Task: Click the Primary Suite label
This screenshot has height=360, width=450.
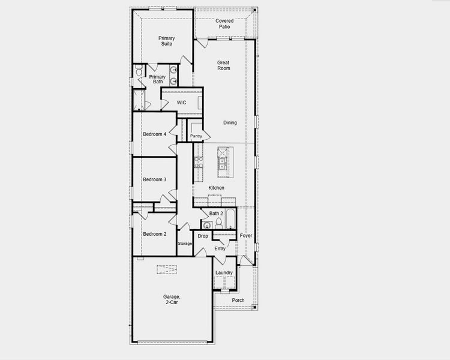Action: point(167,41)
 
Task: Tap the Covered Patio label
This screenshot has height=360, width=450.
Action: point(224,24)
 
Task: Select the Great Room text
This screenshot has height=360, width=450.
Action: point(223,65)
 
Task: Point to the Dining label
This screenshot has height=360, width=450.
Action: point(230,123)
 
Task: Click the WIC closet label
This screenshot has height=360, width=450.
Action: point(181,103)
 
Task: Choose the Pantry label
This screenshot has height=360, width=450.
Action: point(196,137)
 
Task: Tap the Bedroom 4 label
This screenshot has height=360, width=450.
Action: point(155,134)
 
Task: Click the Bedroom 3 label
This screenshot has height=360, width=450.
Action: point(155,179)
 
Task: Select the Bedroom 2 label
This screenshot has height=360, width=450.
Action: point(155,233)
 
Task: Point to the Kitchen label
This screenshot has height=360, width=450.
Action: point(216,188)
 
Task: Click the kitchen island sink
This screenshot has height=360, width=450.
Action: point(222,161)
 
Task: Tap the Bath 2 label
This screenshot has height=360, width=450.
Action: point(216,214)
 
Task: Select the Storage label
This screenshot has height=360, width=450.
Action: point(185,244)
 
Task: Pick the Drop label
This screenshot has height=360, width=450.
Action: point(203,236)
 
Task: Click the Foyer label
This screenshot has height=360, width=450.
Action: point(246,236)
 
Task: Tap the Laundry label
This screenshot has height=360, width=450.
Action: point(224,273)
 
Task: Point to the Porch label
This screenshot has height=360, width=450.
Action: point(238,300)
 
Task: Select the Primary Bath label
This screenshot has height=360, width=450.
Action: point(157,79)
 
